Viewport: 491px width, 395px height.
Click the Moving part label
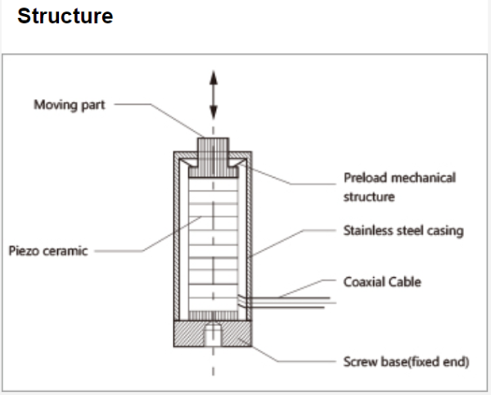click(69, 105)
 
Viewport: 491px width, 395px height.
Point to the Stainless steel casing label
click(403, 230)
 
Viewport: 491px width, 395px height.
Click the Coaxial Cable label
click(383, 282)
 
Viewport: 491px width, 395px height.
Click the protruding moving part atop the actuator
click(214, 149)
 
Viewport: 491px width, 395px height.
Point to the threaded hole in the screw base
click(214, 335)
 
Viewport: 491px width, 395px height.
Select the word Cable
click(403, 282)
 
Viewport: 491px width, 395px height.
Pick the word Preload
click(364, 177)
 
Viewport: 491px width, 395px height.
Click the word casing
click(444, 230)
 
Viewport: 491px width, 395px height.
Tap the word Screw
click(360, 361)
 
